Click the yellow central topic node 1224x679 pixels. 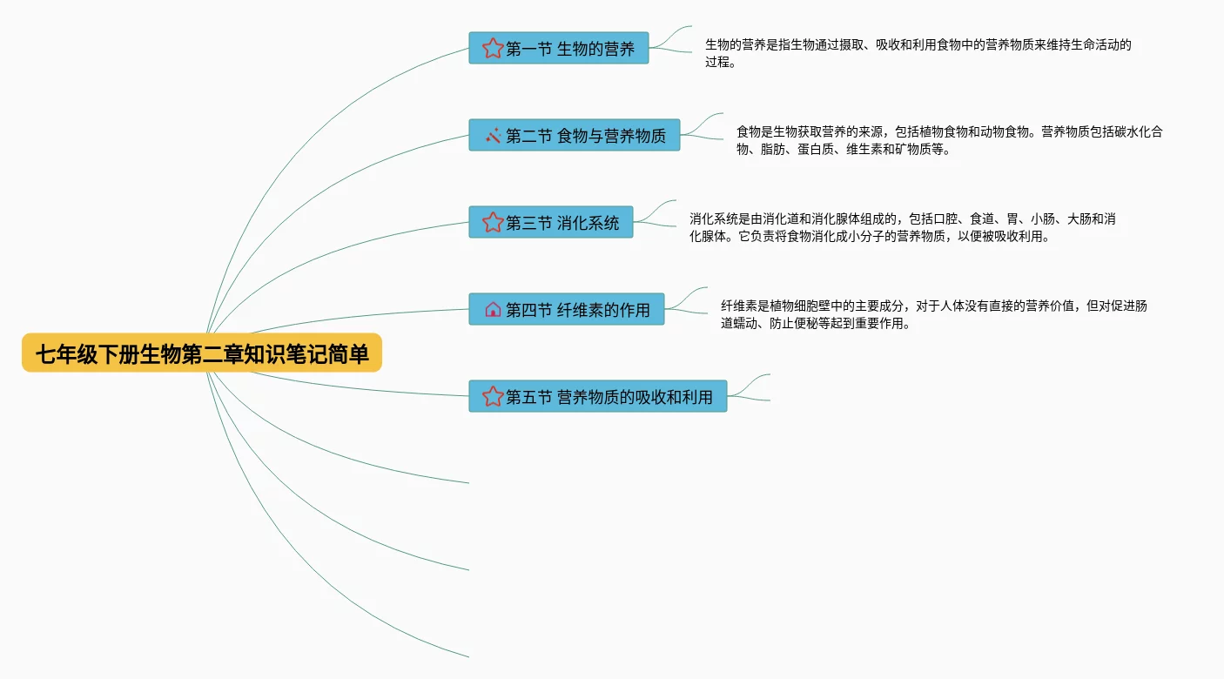pyautogui.click(x=202, y=353)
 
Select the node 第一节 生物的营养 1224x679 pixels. pyautogui.click(x=559, y=49)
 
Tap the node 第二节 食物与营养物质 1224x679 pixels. pyautogui.click(x=575, y=135)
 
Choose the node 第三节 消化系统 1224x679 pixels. pyautogui.click(x=551, y=222)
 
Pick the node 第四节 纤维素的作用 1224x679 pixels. pyautogui.click(x=567, y=309)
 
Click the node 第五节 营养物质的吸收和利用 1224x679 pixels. pyautogui.click(x=598, y=396)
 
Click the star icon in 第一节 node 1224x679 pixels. pyautogui.click(x=493, y=49)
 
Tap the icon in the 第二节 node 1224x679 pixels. pyautogui.click(x=493, y=135)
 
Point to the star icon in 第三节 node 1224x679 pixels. pyautogui.click(x=493, y=222)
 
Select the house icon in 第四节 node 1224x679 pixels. pyautogui.click(x=493, y=309)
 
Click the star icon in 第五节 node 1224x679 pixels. pyautogui.click(x=493, y=396)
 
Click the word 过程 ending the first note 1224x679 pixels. pyautogui.click(x=717, y=62)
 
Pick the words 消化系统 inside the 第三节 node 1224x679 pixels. pyautogui.click(x=588, y=223)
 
